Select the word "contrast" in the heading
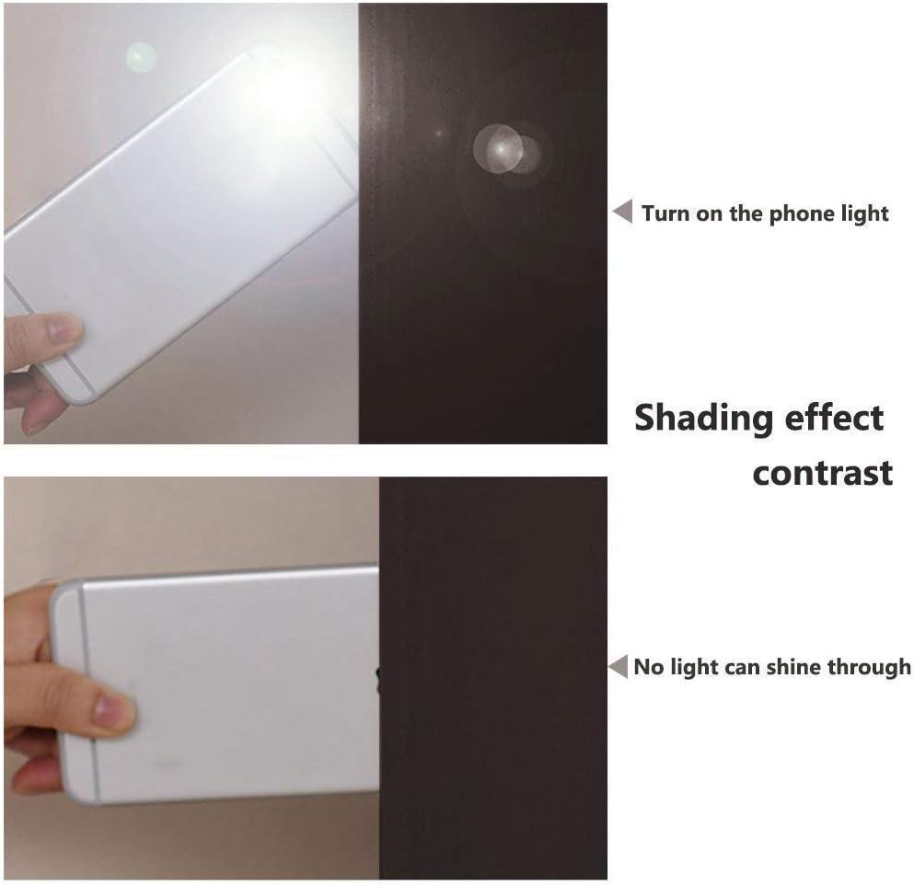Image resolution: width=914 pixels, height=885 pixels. pos(823,473)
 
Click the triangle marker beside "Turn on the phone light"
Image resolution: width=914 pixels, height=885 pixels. pos(622,211)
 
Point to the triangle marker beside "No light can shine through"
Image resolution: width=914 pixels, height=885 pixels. pos(618,666)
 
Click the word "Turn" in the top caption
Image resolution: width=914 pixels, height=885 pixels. pos(665,213)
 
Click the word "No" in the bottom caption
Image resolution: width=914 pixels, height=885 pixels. pos(649,667)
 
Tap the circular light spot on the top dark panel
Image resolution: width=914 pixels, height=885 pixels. pos(504,150)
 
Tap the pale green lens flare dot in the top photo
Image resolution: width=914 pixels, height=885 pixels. pos(141,58)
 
